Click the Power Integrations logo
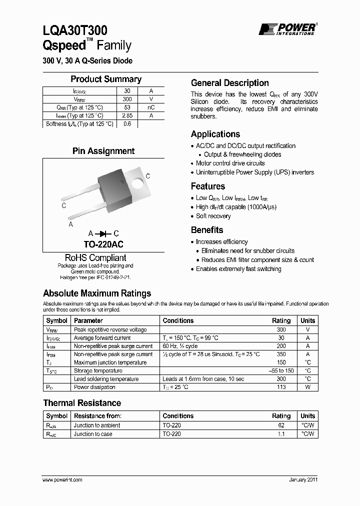click(x=287, y=29)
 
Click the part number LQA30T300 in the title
click(x=75, y=31)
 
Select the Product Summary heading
click(x=106, y=79)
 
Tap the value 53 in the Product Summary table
click(x=127, y=107)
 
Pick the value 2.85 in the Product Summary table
click(x=127, y=115)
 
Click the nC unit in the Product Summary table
click(x=151, y=107)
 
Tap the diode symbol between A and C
click(x=104, y=233)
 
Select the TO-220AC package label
click(x=103, y=244)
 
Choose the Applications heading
click(x=215, y=134)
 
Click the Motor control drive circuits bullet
click(x=230, y=163)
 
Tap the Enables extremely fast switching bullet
click(x=238, y=269)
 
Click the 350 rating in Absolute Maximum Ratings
click(x=281, y=354)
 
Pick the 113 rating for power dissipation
click(x=281, y=387)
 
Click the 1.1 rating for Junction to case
click(x=281, y=434)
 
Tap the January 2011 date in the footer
click(x=303, y=479)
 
